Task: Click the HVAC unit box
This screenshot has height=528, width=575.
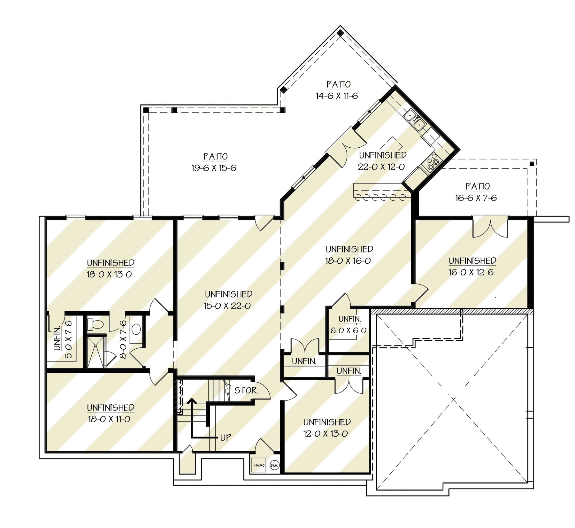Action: [x=259, y=465]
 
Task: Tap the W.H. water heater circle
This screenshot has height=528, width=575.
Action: [x=274, y=465]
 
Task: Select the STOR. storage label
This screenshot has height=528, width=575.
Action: [x=246, y=390]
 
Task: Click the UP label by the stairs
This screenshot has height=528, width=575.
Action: [x=226, y=438]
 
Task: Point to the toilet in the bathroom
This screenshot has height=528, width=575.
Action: [x=96, y=324]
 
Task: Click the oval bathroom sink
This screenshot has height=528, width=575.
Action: [x=136, y=329]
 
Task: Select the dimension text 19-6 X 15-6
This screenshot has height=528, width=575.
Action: [x=214, y=168]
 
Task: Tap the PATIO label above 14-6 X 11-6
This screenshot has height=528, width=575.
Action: [x=338, y=84]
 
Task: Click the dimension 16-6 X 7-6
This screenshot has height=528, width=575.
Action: [x=476, y=198]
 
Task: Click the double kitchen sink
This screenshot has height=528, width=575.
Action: [x=414, y=120]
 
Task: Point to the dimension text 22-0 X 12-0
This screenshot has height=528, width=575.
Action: [x=381, y=167]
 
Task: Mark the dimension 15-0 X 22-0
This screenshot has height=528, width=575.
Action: [x=227, y=306]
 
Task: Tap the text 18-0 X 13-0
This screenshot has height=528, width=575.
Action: [x=109, y=274]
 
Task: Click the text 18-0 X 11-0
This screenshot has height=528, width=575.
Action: [x=109, y=419]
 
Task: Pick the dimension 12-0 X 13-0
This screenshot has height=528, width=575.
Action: [x=325, y=434]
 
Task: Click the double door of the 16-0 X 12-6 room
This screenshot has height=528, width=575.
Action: [x=490, y=228]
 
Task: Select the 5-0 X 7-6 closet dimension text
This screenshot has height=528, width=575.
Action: [x=69, y=339]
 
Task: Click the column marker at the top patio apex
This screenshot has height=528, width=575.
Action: [x=340, y=33]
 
